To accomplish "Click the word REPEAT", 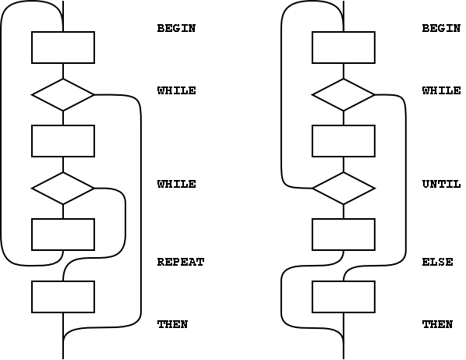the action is pyautogui.click(x=180, y=262).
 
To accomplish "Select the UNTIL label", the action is pyautogui.click(x=441, y=184).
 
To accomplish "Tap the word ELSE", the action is pyautogui.click(x=437, y=262).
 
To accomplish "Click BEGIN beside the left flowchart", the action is pyautogui.click(x=176, y=28).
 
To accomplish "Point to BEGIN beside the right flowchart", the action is pyautogui.click(x=441, y=28).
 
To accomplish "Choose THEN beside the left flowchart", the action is pyautogui.click(x=172, y=324).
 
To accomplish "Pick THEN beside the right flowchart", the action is pyautogui.click(x=437, y=324).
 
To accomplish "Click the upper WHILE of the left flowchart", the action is pyautogui.click(x=177, y=90).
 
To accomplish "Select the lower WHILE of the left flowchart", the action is pyautogui.click(x=177, y=184).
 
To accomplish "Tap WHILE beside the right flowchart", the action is pyautogui.click(x=442, y=90).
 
